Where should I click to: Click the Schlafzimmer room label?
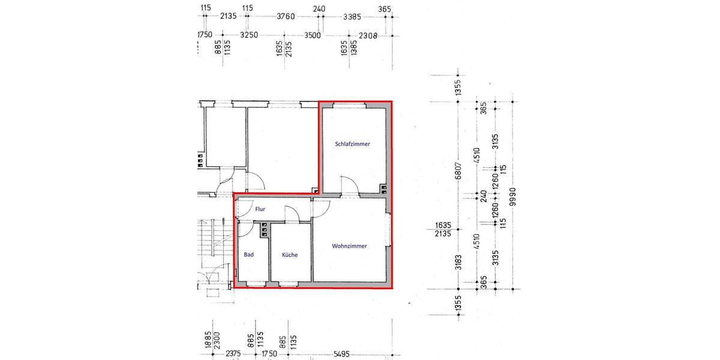[352, 145]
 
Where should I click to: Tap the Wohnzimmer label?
[349, 246]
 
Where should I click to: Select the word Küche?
[290, 255]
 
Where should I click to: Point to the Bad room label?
[248, 255]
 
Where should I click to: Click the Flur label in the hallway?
[260, 209]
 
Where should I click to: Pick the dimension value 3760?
[285, 17]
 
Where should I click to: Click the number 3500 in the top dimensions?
[312, 35]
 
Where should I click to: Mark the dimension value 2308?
[366, 35]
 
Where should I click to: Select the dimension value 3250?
[248, 35]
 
